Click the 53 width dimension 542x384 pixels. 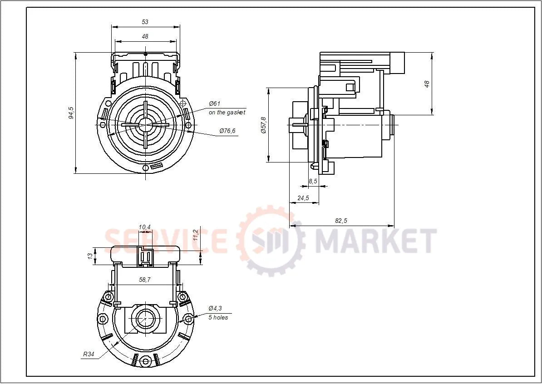point(145,22)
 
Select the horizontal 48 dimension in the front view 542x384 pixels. point(145,37)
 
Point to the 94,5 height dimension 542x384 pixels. point(71,113)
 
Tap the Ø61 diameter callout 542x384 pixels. point(215,104)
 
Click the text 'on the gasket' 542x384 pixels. point(227,112)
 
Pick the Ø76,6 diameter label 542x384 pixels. point(227,131)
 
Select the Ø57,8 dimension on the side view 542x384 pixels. point(263,125)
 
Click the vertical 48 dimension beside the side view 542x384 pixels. point(427,84)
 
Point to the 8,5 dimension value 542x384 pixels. point(313,181)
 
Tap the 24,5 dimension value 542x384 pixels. point(303,198)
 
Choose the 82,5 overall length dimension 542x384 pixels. point(341,221)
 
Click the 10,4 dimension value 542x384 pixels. point(145,227)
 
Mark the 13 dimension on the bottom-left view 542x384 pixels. point(90,256)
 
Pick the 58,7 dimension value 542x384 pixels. point(145,281)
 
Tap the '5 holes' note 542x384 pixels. point(218,318)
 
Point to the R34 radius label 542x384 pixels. point(89,355)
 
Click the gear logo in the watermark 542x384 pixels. point(271,240)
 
